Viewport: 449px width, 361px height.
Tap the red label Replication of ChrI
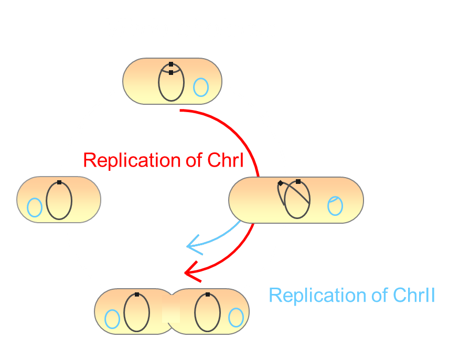163,160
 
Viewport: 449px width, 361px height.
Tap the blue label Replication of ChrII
351,295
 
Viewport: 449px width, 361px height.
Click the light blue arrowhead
193,243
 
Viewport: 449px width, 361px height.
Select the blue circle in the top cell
201,87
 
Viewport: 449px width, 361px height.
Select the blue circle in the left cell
35,207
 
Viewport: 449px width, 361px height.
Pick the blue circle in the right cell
335,205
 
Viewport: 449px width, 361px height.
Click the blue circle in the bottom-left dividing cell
112,319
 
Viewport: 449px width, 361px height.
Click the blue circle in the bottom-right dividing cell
236,317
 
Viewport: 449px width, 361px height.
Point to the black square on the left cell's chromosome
59,182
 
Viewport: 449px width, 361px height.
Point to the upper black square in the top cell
171,64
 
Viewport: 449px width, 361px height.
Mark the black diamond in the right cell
281,183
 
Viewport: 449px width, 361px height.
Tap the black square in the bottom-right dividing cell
208,294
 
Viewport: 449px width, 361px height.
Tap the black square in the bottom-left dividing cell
137,294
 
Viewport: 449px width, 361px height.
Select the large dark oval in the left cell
59,200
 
